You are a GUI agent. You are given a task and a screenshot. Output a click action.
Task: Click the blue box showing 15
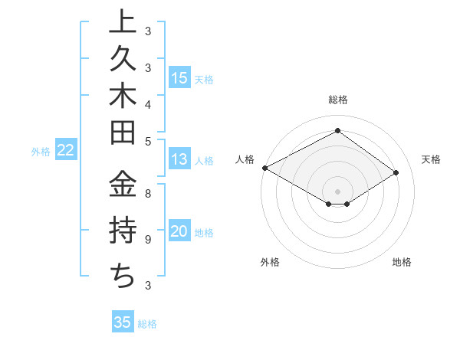tap(179, 77)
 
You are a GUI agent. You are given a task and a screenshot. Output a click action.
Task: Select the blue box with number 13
tap(179, 159)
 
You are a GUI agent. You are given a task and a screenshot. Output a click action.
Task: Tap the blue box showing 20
tap(179, 231)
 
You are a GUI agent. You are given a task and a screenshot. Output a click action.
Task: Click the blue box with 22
tap(66, 150)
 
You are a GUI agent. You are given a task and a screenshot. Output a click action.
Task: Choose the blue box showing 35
tap(123, 322)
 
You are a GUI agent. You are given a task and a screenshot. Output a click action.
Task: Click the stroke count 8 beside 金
tap(147, 193)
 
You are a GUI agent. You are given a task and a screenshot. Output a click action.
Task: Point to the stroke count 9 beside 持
tap(147, 240)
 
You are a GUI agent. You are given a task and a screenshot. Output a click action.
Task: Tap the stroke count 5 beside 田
tap(147, 141)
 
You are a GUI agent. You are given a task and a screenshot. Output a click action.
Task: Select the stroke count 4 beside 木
tap(147, 103)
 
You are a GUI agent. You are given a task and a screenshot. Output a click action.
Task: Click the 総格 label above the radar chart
tap(338, 100)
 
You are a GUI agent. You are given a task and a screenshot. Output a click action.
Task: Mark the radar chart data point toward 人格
tap(264, 167)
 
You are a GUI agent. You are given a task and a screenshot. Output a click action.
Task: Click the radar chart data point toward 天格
tap(396, 173)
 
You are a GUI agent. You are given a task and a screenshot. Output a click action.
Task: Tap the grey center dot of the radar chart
tap(338, 191)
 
